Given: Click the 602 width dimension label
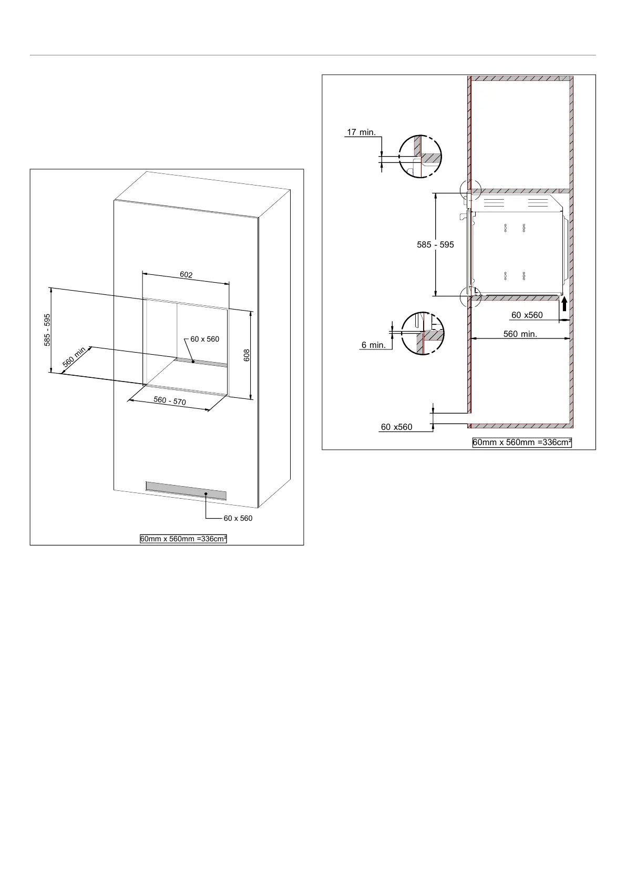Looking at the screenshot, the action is [186, 274].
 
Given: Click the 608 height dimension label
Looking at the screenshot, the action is [247, 355].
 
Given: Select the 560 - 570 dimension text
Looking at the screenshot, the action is [170, 401].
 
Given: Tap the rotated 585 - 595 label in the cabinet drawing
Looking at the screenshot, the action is [47, 330].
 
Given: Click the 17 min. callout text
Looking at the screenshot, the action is [361, 132].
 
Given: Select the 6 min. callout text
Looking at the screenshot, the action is [374, 345].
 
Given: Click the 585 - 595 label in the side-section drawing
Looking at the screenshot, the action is [436, 244].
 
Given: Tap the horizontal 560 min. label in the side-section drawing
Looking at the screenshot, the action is [520, 334].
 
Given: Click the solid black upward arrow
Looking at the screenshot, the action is [565, 304].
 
